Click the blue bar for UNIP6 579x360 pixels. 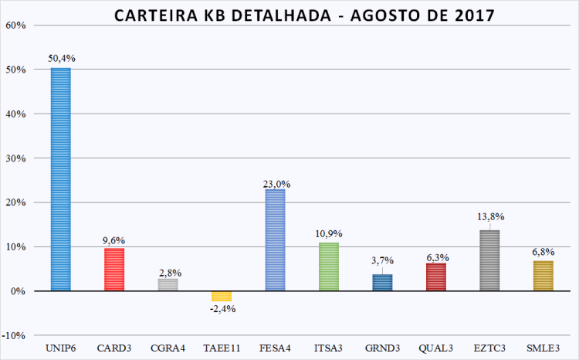click(60, 179)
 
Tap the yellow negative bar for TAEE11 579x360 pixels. click(222, 296)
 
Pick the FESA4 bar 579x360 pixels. click(275, 240)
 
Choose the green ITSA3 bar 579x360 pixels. click(329, 267)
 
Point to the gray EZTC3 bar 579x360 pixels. click(489, 260)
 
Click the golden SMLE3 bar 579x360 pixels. click(543, 276)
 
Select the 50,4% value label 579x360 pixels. click(61, 58)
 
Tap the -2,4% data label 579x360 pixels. click(222, 309)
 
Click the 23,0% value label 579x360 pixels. click(276, 184)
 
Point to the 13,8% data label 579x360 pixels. click(489, 217)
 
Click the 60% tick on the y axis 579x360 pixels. click(15, 25)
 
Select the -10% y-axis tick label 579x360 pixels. click(15, 336)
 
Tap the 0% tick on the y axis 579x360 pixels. click(19, 291)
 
